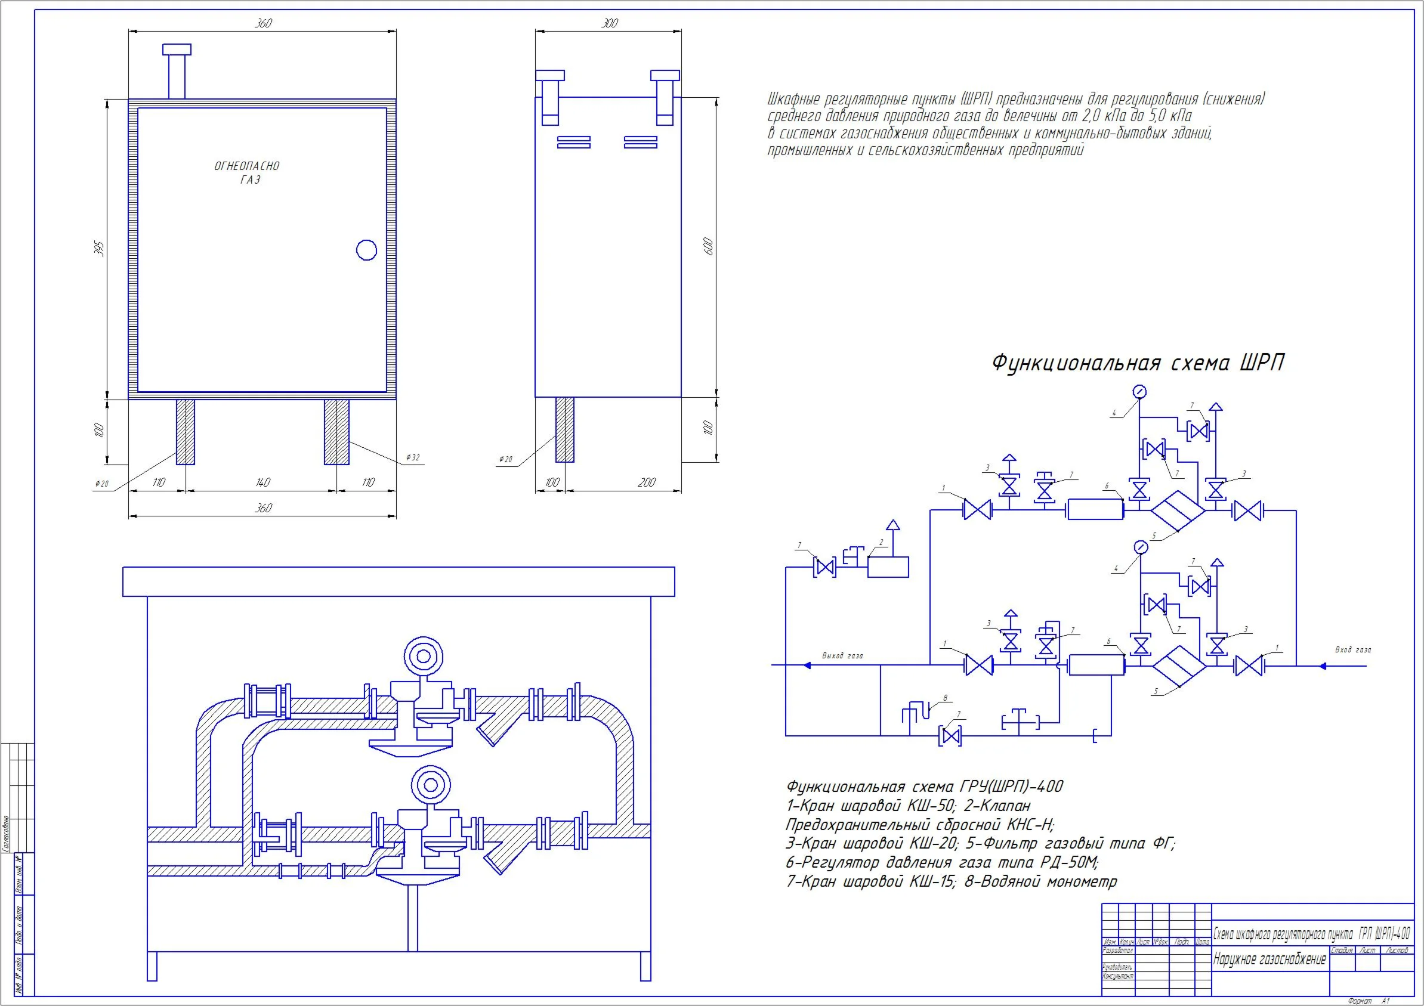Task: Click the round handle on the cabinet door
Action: pos(366,250)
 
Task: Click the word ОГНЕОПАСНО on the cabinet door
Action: pos(247,166)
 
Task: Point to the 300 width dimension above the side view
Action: pos(610,23)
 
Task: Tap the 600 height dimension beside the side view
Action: pos(710,246)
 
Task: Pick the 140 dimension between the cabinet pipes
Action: pos(262,482)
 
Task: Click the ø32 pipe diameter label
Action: pos(413,458)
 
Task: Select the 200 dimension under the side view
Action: pos(646,482)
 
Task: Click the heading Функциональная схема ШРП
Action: pos(1138,363)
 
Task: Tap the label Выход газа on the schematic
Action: pos(842,656)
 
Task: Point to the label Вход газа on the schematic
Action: pos(1352,650)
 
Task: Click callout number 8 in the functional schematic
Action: pos(945,698)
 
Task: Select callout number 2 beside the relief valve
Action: pos(881,543)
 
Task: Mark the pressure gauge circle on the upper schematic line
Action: pos(1139,392)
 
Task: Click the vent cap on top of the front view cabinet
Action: pos(177,49)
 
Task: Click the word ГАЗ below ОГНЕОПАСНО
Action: pos(250,180)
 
